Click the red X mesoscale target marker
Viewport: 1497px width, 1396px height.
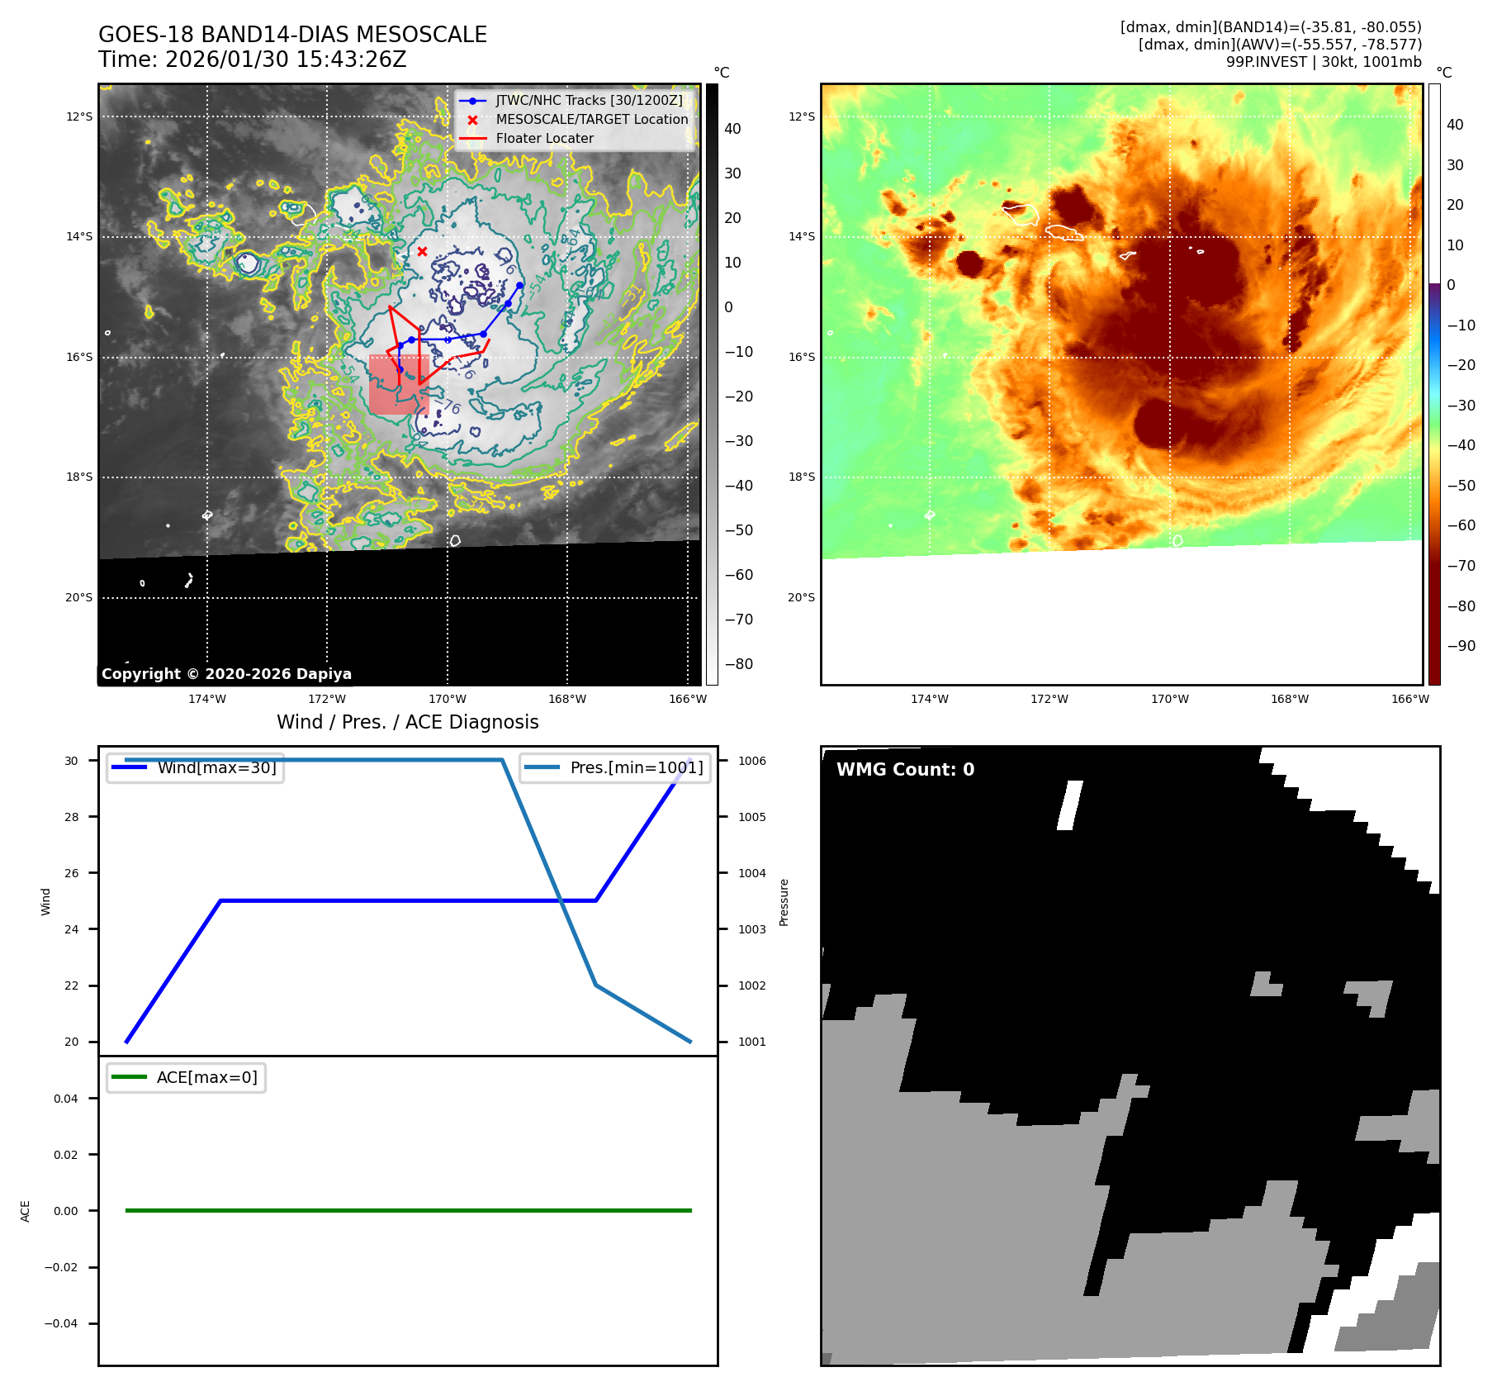point(422,251)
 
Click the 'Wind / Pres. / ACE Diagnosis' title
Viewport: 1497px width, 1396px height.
point(407,722)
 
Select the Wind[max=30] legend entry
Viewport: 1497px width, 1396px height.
point(216,767)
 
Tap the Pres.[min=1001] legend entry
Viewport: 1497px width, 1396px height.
point(636,767)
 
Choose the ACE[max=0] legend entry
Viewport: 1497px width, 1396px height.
point(206,1077)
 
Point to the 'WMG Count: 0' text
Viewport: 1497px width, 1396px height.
point(905,769)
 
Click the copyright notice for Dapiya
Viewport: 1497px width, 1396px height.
point(226,673)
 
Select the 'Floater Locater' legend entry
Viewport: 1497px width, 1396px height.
point(544,139)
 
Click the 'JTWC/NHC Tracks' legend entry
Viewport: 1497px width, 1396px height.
point(589,101)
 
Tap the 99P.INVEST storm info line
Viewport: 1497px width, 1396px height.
point(1324,62)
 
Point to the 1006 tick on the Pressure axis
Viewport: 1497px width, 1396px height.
point(751,761)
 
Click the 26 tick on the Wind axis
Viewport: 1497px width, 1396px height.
point(72,873)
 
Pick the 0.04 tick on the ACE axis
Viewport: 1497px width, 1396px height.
point(66,1099)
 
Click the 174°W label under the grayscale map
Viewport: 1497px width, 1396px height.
point(206,699)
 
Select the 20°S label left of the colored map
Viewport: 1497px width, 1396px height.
point(801,597)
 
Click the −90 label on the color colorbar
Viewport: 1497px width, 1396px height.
point(1461,646)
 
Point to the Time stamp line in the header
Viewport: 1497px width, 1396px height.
point(252,59)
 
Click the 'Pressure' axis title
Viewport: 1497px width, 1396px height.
point(784,902)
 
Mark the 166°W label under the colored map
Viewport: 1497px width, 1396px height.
point(1409,699)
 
